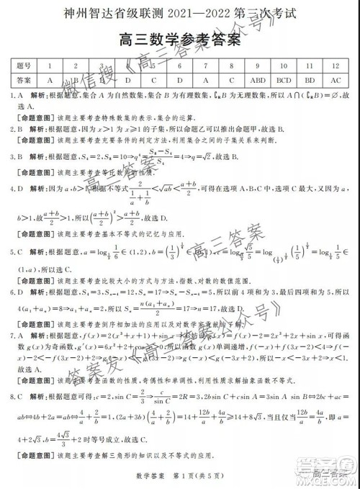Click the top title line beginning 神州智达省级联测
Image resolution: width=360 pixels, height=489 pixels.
pyautogui.click(x=179, y=12)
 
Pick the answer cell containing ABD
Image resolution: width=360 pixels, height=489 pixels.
pyautogui.click(x=257, y=80)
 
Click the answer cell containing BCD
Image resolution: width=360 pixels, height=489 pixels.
pyautogui.click(x=284, y=80)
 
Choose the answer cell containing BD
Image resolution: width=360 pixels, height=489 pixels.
pyautogui.click(x=310, y=80)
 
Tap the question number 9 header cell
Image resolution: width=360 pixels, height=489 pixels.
pyautogui.click(x=257, y=65)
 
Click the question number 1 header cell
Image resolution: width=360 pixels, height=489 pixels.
pyautogui.click(x=50, y=65)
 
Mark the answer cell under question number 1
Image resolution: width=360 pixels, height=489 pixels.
pyautogui.click(x=50, y=80)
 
